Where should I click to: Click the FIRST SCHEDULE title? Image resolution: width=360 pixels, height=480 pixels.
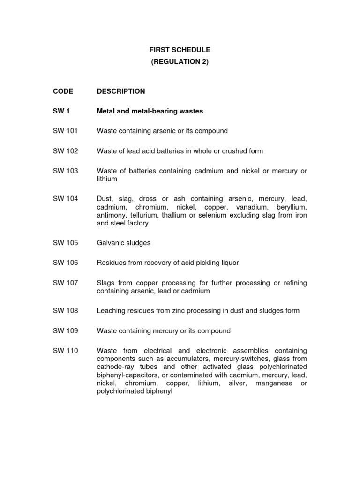pyautogui.click(x=180, y=50)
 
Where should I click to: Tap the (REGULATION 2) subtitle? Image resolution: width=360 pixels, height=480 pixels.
pyautogui.click(x=180, y=62)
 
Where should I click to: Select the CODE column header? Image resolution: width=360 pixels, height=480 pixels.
pyautogui.click(x=63, y=91)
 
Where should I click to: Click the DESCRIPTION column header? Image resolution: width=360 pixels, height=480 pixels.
pyautogui.click(x=121, y=91)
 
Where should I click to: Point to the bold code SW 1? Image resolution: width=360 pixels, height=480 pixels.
pyautogui.click(x=61, y=111)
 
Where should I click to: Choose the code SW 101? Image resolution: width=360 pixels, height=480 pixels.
pyautogui.click(x=65, y=131)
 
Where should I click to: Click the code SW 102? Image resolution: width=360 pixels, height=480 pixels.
pyautogui.click(x=65, y=151)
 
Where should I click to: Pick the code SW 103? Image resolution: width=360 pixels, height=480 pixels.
pyautogui.click(x=65, y=171)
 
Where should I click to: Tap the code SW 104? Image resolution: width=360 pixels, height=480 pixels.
pyautogui.click(x=65, y=199)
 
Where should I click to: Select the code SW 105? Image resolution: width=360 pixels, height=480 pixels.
pyautogui.click(x=65, y=243)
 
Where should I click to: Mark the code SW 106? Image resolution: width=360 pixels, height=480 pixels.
pyautogui.click(x=65, y=262)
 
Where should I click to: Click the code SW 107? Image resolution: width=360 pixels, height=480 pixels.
pyautogui.click(x=65, y=283)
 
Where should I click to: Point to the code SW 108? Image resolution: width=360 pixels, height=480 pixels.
pyautogui.click(x=65, y=310)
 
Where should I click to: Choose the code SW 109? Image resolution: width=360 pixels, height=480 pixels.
pyautogui.click(x=65, y=330)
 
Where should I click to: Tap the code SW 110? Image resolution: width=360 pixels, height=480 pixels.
pyautogui.click(x=65, y=351)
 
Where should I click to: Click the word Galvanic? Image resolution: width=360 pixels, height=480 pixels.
pyautogui.click(x=110, y=243)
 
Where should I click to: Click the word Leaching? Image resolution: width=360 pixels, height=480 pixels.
pyautogui.click(x=110, y=310)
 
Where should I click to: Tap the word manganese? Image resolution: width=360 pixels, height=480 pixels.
pyautogui.click(x=272, y=383)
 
